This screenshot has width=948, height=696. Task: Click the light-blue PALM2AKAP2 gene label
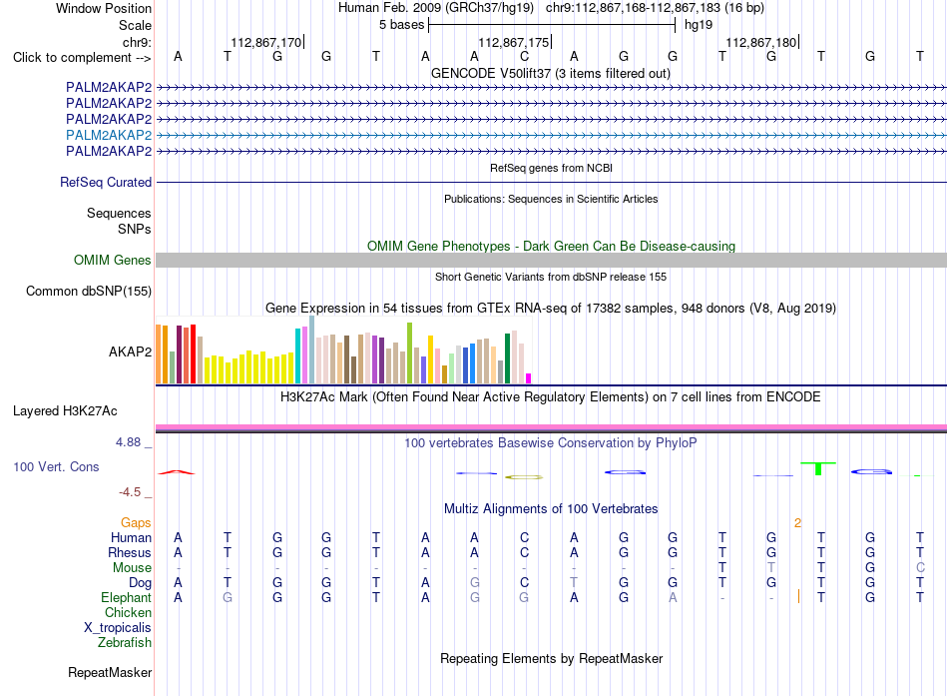click(x=109, y=135)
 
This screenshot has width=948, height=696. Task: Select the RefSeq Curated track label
click(x=106, y=182)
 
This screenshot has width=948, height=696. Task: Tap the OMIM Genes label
click(x=113, y=261)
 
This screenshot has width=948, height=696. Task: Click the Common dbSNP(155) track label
click(x=89, y=292)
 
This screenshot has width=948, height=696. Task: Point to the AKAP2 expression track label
click(x=130, y=351)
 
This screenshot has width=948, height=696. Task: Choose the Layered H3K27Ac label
click(x=65, y=411)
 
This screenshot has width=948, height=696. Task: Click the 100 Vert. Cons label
click(x=56, y=466)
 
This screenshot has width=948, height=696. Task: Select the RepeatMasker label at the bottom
click(x=110, y=672)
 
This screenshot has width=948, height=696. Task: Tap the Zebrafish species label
click(x=125, y=642)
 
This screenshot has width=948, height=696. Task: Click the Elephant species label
click(x=127, y=597)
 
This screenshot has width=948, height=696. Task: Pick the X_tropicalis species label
click(x=118, y=628)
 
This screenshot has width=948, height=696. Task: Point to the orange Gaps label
click(x=136, y=522)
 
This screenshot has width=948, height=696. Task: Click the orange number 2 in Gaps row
click(x=797, y=523)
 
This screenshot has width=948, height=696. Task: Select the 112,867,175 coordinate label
click(x=514, y=42)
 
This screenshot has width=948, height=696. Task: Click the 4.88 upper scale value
click(x=128, y=442)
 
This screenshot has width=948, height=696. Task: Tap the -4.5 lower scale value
click(x=130, y=492)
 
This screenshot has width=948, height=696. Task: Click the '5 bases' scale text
click(x=402, y=25)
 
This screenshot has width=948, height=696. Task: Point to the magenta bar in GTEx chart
click(x=529, y=378)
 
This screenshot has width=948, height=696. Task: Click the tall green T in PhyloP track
click(x=818, y=468)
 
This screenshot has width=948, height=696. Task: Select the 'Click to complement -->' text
click(x=82, y=58)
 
